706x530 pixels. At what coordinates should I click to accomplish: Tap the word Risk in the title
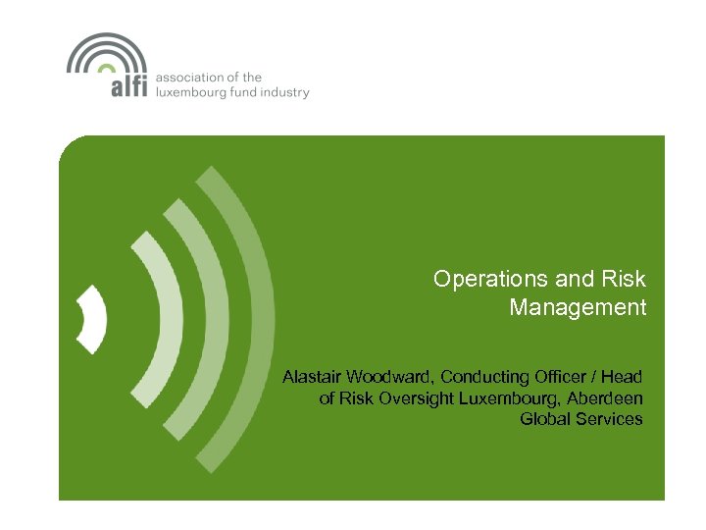click(x=625, y=279)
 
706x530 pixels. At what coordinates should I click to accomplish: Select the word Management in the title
click(x=578, y=308)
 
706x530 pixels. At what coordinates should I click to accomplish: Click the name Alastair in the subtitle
click(x=313, y=377)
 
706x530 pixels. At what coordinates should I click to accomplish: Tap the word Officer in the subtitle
click(x=563, y=377)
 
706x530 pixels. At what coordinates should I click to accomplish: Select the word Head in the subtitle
click(x=623, y=377)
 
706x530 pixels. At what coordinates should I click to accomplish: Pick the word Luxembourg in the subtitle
click(x=507, y=398)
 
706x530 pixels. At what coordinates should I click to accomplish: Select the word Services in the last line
click(x=611, y=420)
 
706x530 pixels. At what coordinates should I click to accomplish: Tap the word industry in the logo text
click(x=286, y=92)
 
